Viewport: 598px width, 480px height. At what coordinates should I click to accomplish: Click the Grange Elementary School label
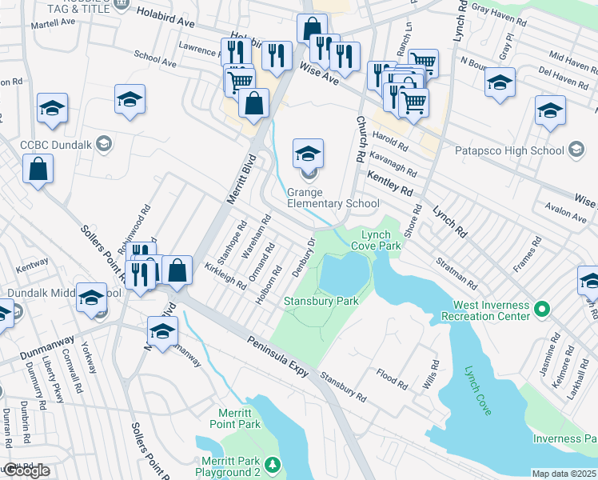[x=333, y=198]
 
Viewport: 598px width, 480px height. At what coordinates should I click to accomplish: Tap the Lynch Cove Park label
[x=381, y=240]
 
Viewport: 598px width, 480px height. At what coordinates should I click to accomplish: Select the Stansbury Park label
[x=321, y=301]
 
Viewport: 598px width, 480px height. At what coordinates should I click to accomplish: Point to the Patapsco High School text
[x=508, y=150]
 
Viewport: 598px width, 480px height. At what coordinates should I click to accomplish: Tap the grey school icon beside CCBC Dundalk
[x=102, y=144]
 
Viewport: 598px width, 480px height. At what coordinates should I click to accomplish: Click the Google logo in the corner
[x=26, y=470]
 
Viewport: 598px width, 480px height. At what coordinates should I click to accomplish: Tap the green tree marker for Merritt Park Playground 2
[x=273, y=464]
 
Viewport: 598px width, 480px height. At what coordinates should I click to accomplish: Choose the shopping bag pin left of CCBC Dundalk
[x=38, y=169]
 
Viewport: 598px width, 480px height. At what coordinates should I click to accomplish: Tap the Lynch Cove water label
[x=479, y=391]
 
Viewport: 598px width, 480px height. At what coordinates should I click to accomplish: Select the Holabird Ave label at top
[x=169, y=11]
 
